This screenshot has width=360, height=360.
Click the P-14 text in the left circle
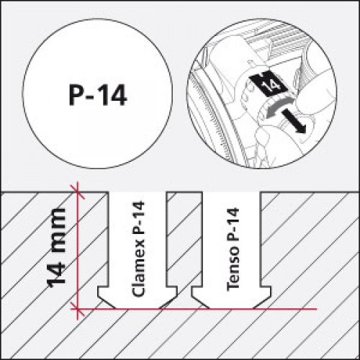coord(98,95)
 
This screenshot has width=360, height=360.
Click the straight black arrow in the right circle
coord(294,121)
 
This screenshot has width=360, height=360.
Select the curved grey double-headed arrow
coord(279,107)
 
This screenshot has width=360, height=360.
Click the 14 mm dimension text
coord(56,248)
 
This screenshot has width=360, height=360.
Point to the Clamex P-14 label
coord(138,248)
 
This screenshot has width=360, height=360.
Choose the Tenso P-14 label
coord(233,249)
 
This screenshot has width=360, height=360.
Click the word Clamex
coord(138,269)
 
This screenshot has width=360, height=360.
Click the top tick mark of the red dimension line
coord(77,192)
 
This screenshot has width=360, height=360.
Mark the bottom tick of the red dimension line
coord(77,309)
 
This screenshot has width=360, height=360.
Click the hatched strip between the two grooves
coord(184,239)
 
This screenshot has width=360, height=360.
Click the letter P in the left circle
coord(76,95)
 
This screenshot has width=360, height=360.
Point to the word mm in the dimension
coord(56,230)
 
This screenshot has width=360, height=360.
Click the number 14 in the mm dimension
coord(56,272)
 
